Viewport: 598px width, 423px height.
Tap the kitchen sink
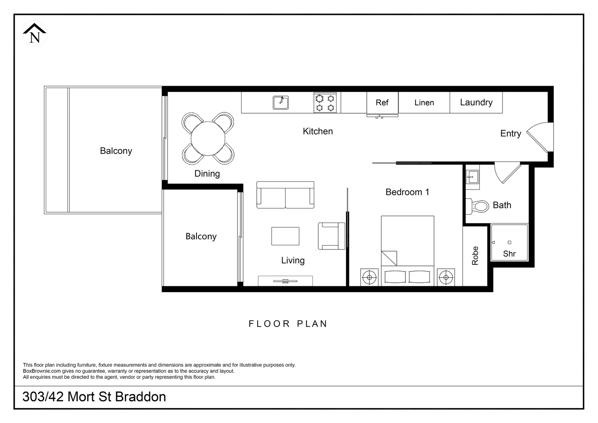[x=281, y=103]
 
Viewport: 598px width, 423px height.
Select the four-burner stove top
[x=325, y=103]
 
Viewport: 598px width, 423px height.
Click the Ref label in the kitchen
[x=382, y=103]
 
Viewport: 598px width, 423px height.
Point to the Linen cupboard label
[x=424, y=103]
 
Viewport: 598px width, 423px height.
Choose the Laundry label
[x=476, y=103]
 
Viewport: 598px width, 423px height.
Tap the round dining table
[x=208, y=139]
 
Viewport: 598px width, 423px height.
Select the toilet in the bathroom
[x=478, y=206]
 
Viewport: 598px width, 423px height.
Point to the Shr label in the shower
[x=509, y=254]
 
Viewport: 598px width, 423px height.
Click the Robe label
[x=475, y=256]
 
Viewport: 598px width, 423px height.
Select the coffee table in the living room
[x=285, y=236]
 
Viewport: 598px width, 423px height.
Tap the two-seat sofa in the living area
[x=285, y=195]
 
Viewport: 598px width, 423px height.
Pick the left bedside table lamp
[x=369, y=277]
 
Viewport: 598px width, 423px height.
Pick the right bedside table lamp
[x=446, y=277]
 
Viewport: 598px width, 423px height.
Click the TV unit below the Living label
[x=285, y=281]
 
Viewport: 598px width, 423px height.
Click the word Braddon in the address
[x=141, y=397]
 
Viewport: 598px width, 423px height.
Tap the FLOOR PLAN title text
[x=288, y=324]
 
